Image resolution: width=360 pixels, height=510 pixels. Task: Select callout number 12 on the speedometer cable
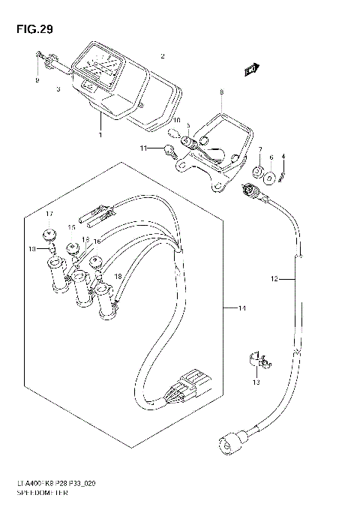click(x=274, y=279)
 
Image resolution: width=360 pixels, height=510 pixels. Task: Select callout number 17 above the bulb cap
click(x=49, y=214)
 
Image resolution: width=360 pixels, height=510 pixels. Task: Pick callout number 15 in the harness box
click(x=72, y=226)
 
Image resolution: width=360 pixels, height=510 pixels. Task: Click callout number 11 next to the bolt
click(x=143, y=149)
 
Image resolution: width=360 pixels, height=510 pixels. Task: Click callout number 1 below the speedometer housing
click(x=98, y=135)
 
